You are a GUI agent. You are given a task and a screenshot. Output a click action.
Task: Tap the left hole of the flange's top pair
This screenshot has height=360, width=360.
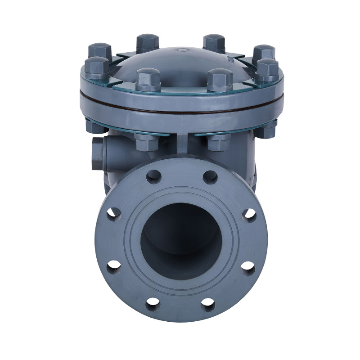click(153, 176)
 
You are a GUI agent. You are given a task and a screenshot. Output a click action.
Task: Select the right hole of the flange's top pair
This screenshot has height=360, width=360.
click(210, 177)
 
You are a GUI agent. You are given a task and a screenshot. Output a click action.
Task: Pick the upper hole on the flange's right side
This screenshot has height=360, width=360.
click(249, 214)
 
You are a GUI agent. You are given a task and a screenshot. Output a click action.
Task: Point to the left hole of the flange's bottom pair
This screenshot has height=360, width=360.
click(153, 304)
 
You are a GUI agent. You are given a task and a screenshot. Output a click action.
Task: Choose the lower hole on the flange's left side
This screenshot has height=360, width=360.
click(114, 267)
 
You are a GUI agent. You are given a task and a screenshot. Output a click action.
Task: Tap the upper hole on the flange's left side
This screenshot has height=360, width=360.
click(113, 214)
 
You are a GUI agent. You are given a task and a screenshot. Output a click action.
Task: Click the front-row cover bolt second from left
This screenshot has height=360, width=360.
click(148, 78)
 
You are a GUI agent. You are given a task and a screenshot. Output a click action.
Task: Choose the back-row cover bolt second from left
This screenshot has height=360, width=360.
click(148, 42)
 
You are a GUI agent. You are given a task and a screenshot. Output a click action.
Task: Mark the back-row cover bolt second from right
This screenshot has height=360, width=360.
click(214, 42)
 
